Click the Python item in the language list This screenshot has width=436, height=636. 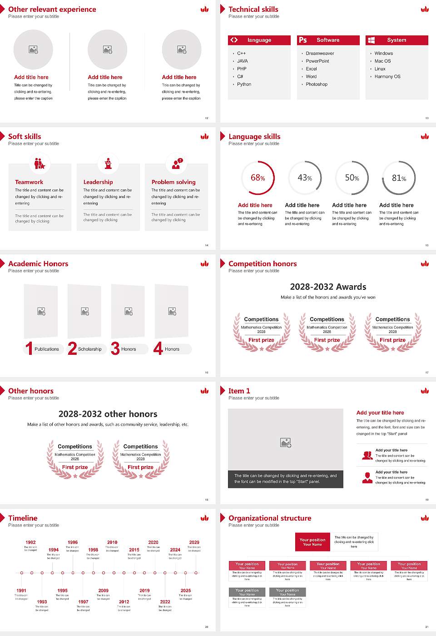pyautogui.click(x=244, y=84)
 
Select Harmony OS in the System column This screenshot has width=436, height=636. pyautogui.click(x=387, y=77)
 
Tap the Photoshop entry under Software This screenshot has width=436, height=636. pyautogui.click(x=316, y=84)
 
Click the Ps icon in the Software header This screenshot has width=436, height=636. pyautogui.click(x=303, y=40)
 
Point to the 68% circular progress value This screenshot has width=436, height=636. pyautogui.click(x=258, y=178)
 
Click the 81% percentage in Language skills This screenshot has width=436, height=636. pyautogui.click(x=399, y=178)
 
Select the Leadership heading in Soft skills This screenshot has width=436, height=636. pyautogui.click(x=98, y=182)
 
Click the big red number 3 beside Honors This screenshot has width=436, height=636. pyautogui.click(x=115, y=348)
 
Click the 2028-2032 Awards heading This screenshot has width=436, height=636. pyautogui.click(x=328, y=287)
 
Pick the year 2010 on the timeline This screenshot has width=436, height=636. pyautogui.click(x=112, y=542)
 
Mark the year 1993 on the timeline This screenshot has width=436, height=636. pyautogui.click(x=42, y=602)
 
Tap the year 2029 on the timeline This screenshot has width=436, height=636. pyautogui.click(x=194, y=542)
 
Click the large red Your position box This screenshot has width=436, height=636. pyautogui.click(x=312, y=542)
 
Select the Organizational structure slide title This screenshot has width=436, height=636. pyautogui.click(x=270, y=518)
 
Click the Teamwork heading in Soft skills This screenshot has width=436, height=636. pyautogui.click(x=29, y=182)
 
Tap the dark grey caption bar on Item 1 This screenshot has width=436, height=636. pyautogui.click(x=285, y=479)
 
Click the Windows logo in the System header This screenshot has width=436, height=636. pyautogui.click(x=372, y=40)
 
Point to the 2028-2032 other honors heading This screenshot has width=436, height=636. pyautogui.click(x=108, y=414)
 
